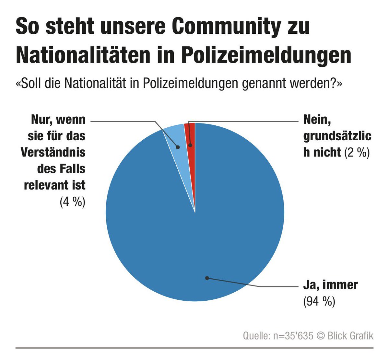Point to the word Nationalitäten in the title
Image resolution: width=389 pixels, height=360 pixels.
click(x=83, y=55)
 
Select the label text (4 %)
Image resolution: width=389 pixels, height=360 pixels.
click(x=72, y=202)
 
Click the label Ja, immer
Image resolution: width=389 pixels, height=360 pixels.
click(x=330, y=285)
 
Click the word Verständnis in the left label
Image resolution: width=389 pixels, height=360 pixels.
click(x=53, y=152)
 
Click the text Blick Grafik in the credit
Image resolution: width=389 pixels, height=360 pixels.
click(x=350, y=336)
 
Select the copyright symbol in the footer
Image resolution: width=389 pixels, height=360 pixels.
click(x=321, y=336)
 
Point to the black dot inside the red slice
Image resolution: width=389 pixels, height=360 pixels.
click(x=191, y=145)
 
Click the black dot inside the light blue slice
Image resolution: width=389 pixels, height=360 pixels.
click(x=178, y=147)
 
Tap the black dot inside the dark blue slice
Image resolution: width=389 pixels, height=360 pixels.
click(x=207, y=278)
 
